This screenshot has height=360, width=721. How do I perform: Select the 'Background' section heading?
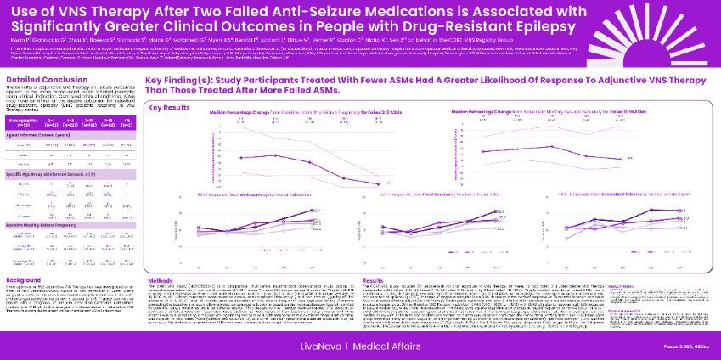(24, 278)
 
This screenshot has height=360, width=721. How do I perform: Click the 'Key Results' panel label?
(170, 108)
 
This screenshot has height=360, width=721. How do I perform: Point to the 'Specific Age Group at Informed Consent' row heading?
(48, 172)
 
